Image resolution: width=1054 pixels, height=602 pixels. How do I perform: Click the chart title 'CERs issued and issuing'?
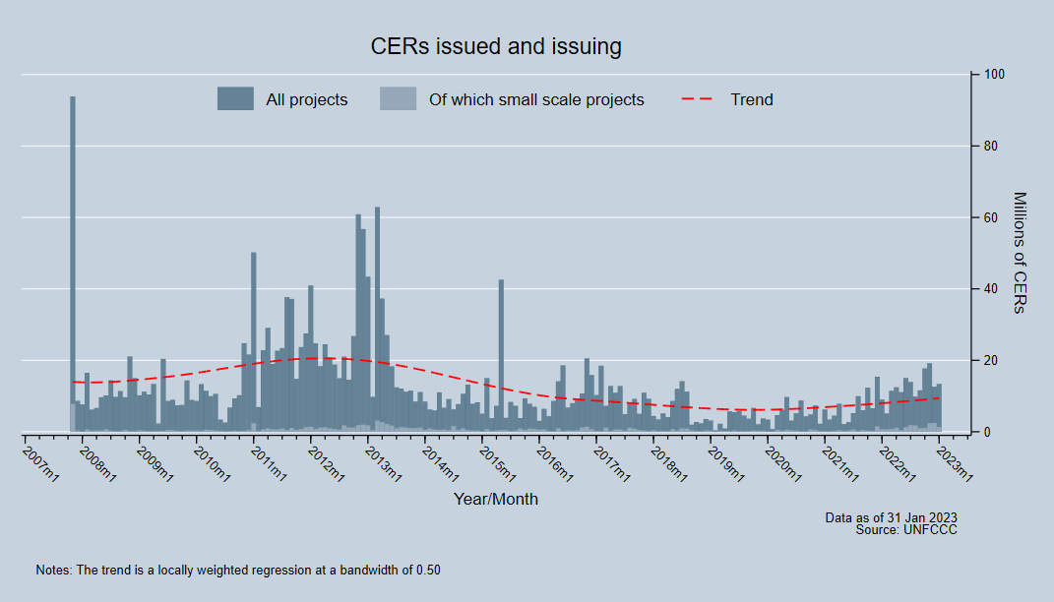coord(495,46)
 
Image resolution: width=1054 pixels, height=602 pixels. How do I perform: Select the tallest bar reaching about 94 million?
coord(73,266)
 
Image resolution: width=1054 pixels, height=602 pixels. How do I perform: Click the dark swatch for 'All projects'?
coord(235,98)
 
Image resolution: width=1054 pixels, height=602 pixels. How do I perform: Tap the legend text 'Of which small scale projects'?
coord(536,99)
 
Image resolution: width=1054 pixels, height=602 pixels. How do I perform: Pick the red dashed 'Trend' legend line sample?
coord(698,99)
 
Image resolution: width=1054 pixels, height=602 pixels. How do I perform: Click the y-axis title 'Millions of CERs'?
coord(1019,253)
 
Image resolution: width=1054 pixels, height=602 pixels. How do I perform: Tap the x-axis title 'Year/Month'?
coord(495,499)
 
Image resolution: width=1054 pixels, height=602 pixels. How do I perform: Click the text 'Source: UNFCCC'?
coord(906,529)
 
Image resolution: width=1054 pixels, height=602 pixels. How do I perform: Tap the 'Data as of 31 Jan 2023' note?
coord(891,517)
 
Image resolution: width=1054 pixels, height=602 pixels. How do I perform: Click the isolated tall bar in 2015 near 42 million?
coord(501,354)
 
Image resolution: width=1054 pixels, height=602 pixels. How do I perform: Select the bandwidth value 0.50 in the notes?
coord(427,570)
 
